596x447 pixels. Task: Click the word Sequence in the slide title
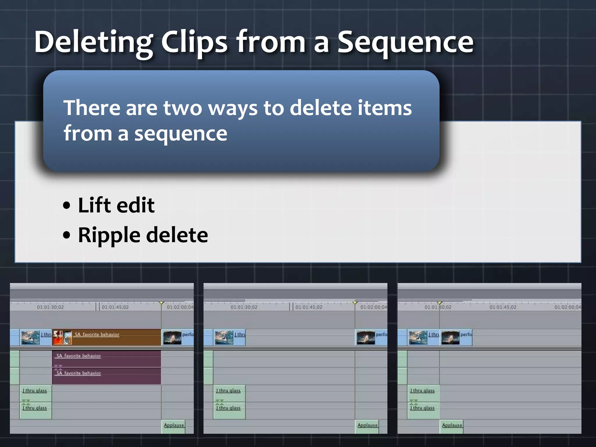click(405, 42)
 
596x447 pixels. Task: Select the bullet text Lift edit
click(116, 205)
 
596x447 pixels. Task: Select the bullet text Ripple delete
click(143, 235)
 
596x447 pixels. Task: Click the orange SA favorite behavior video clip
click(116, 337)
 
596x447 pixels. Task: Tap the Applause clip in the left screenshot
click(174, 425)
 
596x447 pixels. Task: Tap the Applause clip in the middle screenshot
click(367, 425)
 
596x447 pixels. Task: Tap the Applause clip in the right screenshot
click(452, 425)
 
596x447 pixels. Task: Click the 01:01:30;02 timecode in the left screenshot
click(50, 307)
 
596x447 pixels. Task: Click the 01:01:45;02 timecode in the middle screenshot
click(309, 307)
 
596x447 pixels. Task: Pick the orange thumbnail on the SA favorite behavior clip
click(62, 337)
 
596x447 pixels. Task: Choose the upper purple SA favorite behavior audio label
click(79, 356)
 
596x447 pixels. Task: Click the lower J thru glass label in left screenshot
click(35, 408)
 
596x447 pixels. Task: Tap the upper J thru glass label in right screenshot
click(423, 391)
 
